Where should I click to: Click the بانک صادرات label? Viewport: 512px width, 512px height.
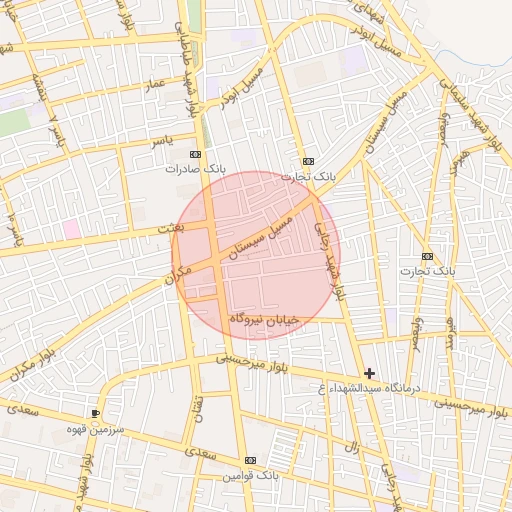(x=197, y=169)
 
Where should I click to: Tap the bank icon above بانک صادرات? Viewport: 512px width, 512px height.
(x=195, y=154)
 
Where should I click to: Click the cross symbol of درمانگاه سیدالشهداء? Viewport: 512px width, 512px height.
(x=369, y=373)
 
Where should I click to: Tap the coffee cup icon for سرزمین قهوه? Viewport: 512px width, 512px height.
(x=95, y=413)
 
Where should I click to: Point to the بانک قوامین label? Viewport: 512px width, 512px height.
(x=250, y=475)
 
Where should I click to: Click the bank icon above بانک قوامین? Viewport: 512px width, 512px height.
(x=250, y=460)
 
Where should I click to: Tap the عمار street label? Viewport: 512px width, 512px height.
(x=155, y=86)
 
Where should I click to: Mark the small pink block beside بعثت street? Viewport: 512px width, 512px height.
(x=71, y=229)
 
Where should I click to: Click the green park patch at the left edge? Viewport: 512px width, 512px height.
(x=12, y=122)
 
